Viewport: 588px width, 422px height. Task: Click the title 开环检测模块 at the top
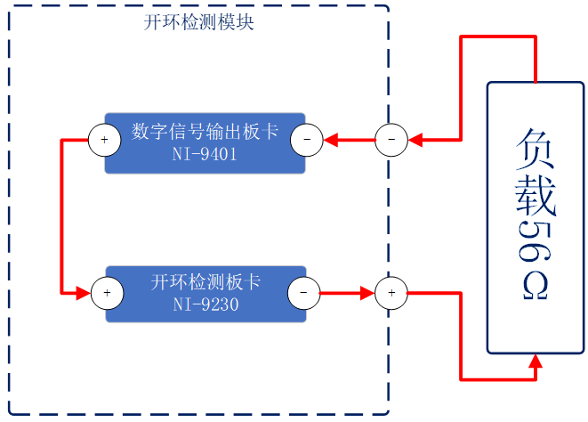[x=198, y=22]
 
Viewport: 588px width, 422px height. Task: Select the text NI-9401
[x=205, y=154]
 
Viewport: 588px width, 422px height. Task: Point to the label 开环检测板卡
[x=205, y=283]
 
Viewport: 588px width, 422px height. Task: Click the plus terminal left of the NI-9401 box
[x=104, y=140]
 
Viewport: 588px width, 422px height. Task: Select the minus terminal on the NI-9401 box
[x=307, y=140]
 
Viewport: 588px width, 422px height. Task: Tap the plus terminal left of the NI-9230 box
[x=106, y=292]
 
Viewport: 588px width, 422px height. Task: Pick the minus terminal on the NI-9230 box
[x=303, y=292]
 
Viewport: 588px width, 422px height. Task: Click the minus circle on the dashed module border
[x=391, y=140]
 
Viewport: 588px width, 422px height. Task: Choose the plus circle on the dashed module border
[x=391, y=292]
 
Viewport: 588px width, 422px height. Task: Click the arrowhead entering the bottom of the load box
[x=536, y=361]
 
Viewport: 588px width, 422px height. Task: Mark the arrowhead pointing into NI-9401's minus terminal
[x=331, y=140]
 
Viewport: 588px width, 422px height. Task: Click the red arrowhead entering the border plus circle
[x=367, y=292]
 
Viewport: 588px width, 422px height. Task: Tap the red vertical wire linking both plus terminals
[x=60, y=215]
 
